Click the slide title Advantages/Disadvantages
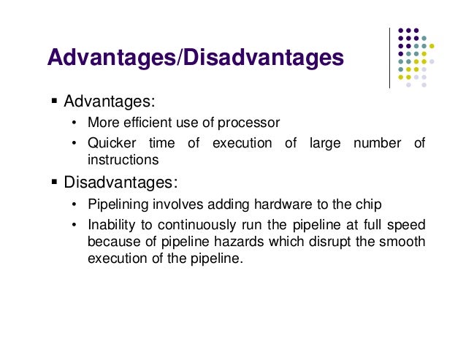click(195, 58)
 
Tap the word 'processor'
click(253, 122)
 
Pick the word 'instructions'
click(122, 158)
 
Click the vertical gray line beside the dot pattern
click(389, 59)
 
